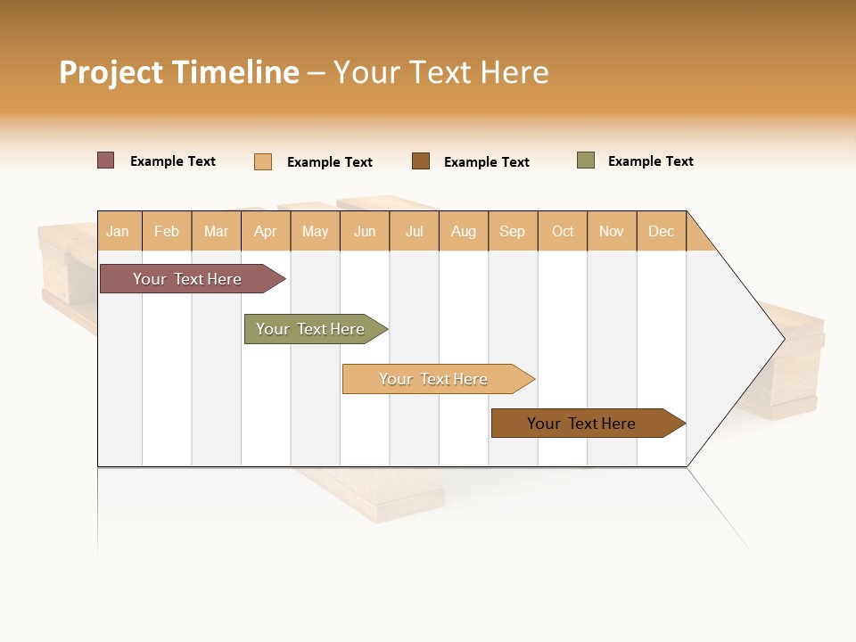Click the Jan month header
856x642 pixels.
pyautogui.click(x=118, y=231)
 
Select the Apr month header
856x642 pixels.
pyautogui.click(x=265, y=231)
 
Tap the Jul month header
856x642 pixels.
pyautogui.click(x=414, y=231)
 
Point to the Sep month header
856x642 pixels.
pyautogui.click(x=512, y=231)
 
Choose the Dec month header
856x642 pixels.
pyautogui.click(x=661, y=231)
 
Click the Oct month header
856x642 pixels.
pyautogui.click(x=563, y=231)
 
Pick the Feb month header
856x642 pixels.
pyautogui.click(x=167, y=231)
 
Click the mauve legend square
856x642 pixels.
pyautogui.click(x=106, y=160)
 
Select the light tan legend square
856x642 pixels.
pyautogui.click(x=263, y=161)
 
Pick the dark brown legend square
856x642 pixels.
pyautogui.click(x=421, y=161)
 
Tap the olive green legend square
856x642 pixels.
pyautogui.click(x=586, y=160)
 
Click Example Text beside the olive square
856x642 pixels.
pyautogui.click(x=650, y=161)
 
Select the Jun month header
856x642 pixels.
pyautogui.click(x=365, y=231)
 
